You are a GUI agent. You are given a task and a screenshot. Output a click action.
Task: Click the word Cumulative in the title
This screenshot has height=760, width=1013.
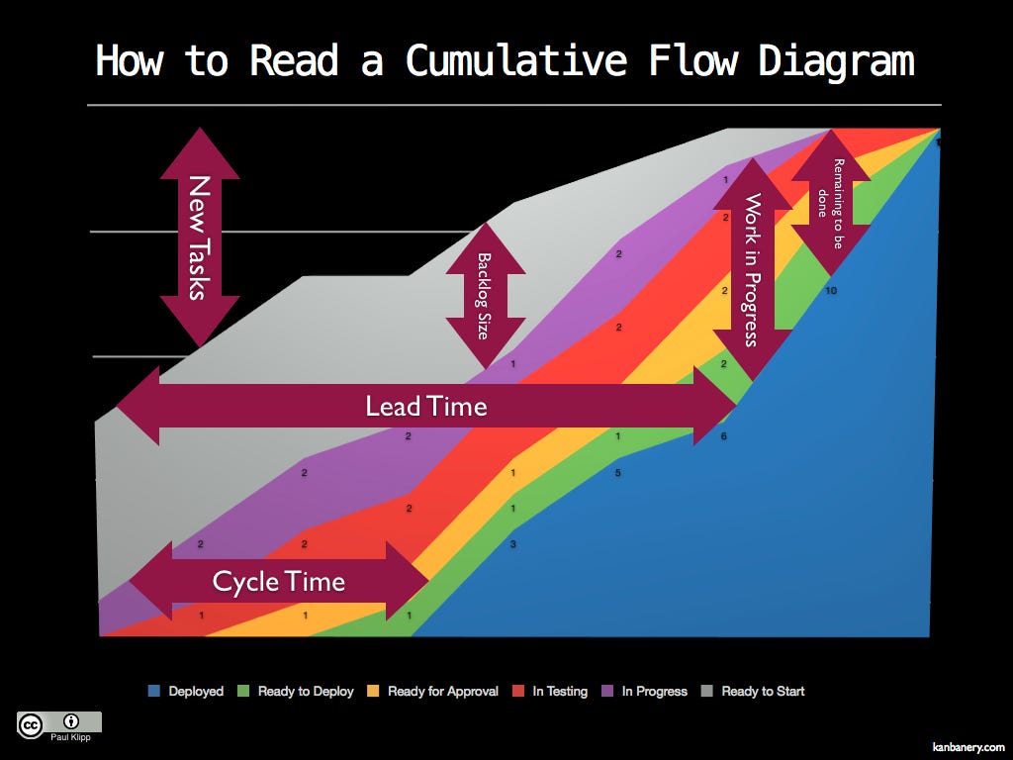coord(516,60)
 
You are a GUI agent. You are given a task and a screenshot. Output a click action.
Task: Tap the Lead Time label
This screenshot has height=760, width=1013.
coord(426,406)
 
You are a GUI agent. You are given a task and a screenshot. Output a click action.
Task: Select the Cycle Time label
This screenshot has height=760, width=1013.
coord(278,582)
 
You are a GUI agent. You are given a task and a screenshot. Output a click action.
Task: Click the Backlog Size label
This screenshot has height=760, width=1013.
coord(484,296)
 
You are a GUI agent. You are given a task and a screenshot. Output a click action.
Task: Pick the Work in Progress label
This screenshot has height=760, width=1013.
coord(752,269)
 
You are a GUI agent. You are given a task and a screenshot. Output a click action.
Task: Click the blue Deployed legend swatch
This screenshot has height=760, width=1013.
coord(153,691)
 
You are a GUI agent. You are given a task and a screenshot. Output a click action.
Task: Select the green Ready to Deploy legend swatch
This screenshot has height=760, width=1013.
coord(243,691)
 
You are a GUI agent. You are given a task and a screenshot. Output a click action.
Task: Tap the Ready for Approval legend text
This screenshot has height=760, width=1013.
coord(443,692)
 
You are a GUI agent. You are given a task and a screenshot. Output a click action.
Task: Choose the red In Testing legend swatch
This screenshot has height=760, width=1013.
coord(517,691)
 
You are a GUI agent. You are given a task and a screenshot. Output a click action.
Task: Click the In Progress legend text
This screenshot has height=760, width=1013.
coord(655,692)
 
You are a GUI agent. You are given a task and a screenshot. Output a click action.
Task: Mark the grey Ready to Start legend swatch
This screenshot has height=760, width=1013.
coord(706,691)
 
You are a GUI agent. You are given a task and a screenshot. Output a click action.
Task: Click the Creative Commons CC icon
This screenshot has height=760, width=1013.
coord(31,725)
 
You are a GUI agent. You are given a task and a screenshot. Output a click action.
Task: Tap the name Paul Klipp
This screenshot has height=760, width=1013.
coord(71,737)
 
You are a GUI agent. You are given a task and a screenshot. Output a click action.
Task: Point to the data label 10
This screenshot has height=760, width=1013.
coord(831,291)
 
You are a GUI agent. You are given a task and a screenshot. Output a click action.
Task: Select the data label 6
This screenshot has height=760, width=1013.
coord(723,436)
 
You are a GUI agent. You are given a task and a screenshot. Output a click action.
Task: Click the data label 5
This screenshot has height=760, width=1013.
coord(617,473)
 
